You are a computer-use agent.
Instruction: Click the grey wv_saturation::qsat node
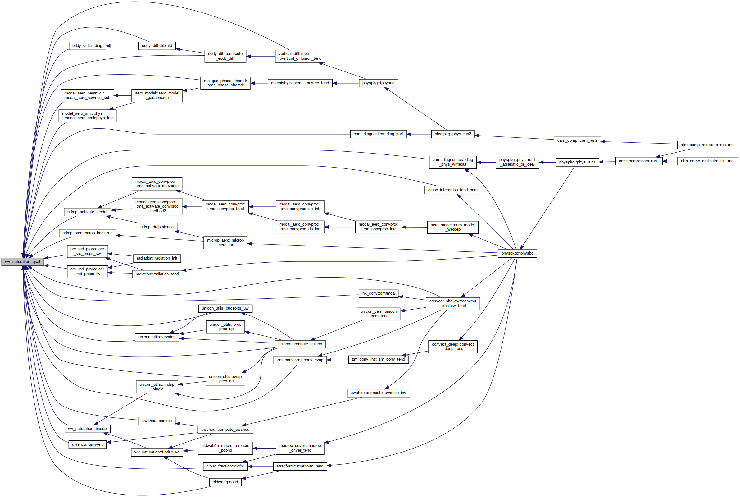click(x=22, y=262)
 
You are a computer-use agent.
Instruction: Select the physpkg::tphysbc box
click(x=517, y=253)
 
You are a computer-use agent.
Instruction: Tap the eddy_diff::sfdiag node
click(x=87, y=46)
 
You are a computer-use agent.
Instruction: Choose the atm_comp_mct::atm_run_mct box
click(x=707, y=145)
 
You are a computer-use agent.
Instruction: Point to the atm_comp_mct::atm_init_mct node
click(x=707, y=161)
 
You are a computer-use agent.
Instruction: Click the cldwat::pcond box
click(x=225, y=482)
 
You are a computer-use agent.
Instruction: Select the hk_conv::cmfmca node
click(x=379, y=293)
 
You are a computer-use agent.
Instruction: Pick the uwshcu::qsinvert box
click(x=87, y=444)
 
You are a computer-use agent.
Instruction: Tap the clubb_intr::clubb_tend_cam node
click(x=452, y=190)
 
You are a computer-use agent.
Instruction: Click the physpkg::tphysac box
click(x=378, y=83)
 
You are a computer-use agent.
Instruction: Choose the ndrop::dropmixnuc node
click(x=157, y=227)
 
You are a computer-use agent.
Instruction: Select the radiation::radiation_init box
click(x=157, y=258)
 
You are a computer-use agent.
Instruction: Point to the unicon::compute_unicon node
click(x=300, y=344)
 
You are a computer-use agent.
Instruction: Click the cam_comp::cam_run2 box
click(x=577, y=140)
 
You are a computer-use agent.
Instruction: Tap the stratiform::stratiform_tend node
click(x=300, y=466)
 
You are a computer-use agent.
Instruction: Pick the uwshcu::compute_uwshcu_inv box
click(x=378, y=393)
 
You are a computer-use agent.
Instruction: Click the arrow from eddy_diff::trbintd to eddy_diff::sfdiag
click(x=122, y=46)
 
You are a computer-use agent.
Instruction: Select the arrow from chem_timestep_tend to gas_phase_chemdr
click(x=259, y=83)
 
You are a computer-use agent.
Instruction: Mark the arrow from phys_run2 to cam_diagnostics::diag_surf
click(x=419, y=134)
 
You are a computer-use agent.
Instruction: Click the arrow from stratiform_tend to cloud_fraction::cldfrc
click(x=260, y=467)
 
